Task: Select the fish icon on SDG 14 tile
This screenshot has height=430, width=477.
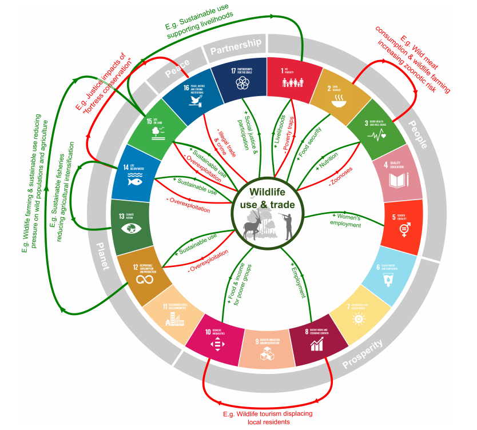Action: coord(135,184)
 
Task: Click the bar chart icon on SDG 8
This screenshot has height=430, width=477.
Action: coord(316,344)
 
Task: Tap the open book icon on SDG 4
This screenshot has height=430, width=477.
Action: coord(397,180)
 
